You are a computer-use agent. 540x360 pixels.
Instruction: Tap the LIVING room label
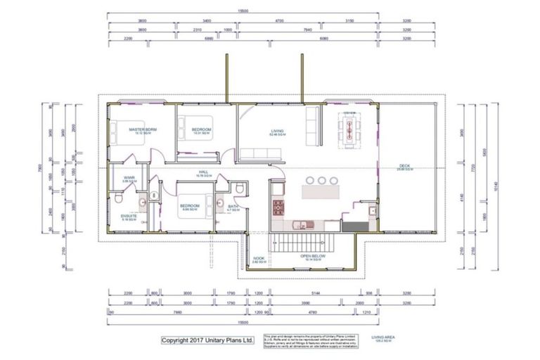pyautogui.click(x=277, y=131)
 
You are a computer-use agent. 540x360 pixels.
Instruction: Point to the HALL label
pyautogui.click(x=203, y=171)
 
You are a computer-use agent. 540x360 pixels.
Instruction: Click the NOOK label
pyautogui.click(x=259, y=258)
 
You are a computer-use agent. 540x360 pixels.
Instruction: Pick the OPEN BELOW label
pyautogui.click(x=313, y=256)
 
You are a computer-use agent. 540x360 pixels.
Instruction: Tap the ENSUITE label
pyautogui.click(x=129, y=216)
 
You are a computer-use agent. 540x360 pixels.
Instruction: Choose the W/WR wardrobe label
pyautogui.click(x=129, y=178)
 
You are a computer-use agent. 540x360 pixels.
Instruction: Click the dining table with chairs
pyautogui.click(x=349, y=127)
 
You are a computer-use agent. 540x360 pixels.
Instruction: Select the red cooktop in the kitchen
pyautogui.click(x=278, y=207)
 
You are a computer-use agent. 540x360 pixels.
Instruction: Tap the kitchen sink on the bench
pyautogui.click(x=300, y=225)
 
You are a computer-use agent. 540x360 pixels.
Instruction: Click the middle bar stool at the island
pyautogui.click(x=322, y=180)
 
